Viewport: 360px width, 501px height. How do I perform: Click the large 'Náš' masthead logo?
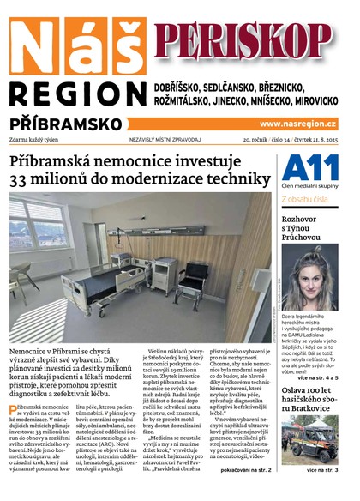75,44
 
